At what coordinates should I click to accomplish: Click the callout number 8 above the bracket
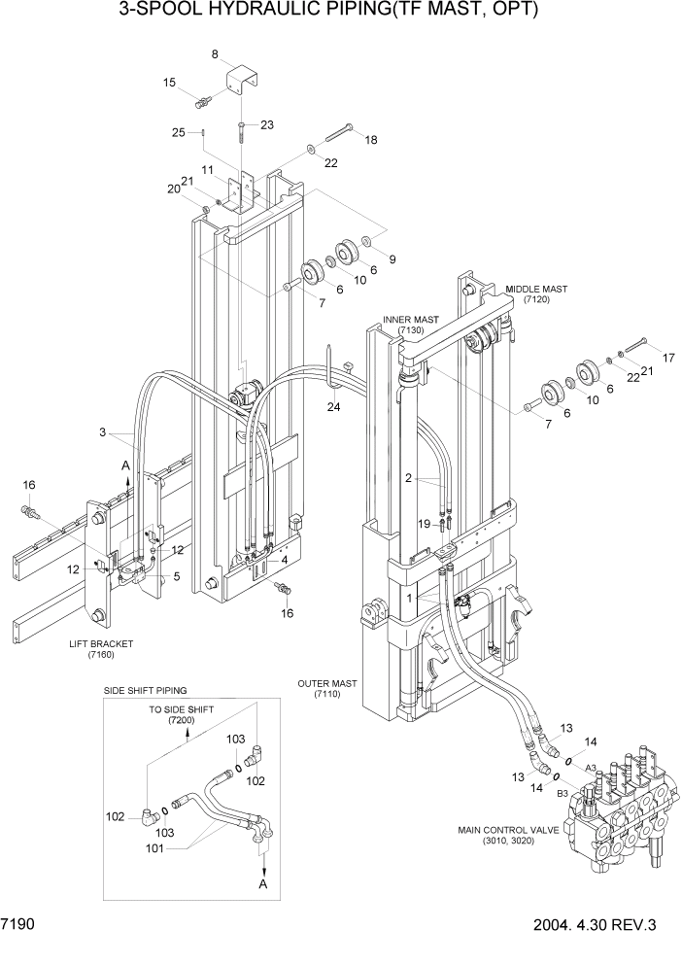(x=215, y=55)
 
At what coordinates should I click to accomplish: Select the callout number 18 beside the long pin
(x=370, y=141)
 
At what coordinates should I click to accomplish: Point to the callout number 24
(x=334, y=406)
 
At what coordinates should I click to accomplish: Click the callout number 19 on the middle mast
(x=424, y=524)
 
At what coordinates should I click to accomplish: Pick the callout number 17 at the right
(x=666, y=358)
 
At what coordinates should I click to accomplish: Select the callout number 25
(x=179, y=132)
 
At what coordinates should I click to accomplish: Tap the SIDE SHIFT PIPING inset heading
(x=145, y=690)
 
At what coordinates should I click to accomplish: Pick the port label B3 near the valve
(x=562, y=793)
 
